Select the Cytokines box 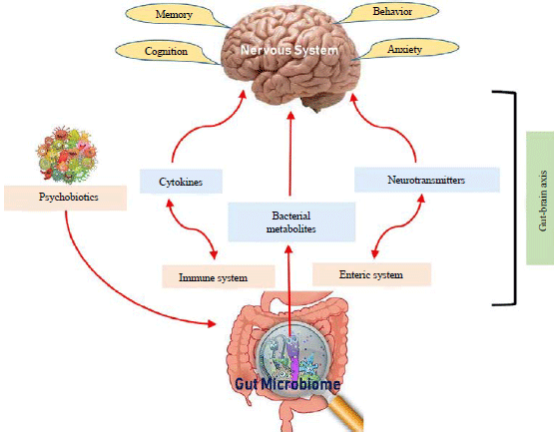180,183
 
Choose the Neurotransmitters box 425,181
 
